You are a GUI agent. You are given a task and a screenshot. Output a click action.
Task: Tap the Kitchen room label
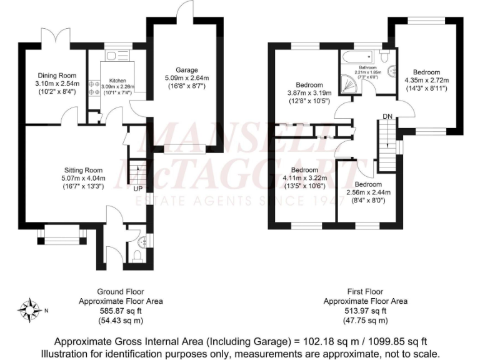(117, 81)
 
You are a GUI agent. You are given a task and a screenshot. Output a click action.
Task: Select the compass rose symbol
(29, 309)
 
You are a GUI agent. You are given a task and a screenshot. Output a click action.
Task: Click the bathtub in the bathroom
(361, 55)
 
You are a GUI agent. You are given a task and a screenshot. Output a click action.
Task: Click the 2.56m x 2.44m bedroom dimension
(368, 192)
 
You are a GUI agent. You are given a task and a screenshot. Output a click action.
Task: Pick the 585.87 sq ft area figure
(120, 311)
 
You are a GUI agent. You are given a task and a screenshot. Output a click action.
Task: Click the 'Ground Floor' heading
(120, 292)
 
